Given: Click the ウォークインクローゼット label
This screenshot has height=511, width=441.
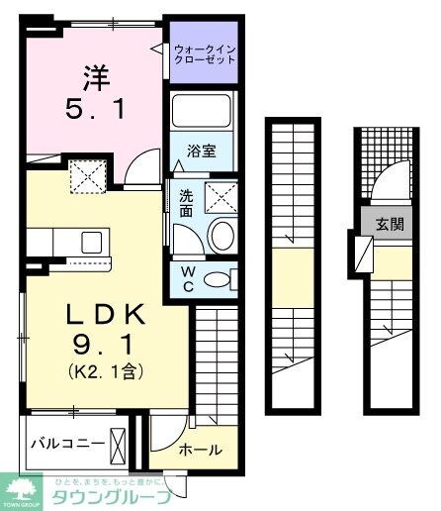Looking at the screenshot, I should pyautogui.click(x=205, y=52).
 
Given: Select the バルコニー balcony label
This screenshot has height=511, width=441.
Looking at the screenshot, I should pyautogui.click(x=66, y=442).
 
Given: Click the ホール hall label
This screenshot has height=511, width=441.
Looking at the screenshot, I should pyautogui.click(x=200, y=449).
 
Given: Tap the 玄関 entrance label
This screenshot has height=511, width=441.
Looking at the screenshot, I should pyautogui.click(x=389, y=224).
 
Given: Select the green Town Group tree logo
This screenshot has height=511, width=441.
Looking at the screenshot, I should pyautogui.click(x=24, y=487).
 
